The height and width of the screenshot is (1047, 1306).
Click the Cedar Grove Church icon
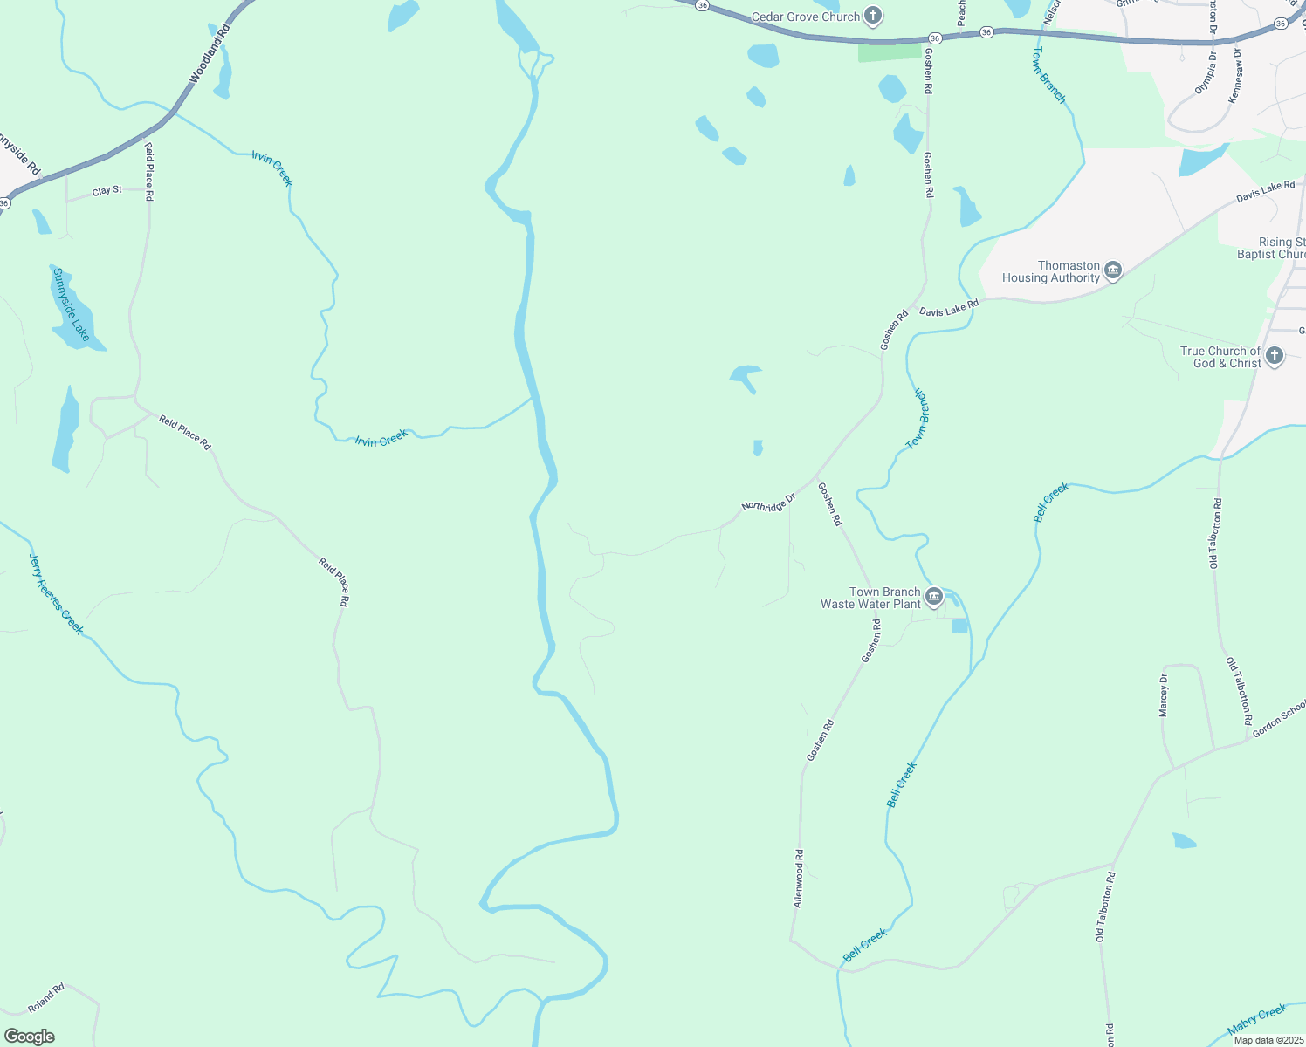[873, 16]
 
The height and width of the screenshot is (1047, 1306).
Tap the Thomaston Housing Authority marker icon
[1113, 271]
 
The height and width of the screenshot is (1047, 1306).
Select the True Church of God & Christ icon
[1275, 356]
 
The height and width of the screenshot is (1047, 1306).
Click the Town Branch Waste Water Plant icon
[934, 598]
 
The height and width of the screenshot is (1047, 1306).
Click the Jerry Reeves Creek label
[56, 593]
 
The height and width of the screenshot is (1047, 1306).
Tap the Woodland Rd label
[210, 53]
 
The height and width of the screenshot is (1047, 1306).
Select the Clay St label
[107, 190]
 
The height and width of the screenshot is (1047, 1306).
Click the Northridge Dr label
[768, 503]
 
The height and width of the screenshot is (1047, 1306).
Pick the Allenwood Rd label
[798, 879]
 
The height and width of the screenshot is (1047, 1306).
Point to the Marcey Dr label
[1163, 695]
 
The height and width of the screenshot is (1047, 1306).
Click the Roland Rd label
[46, 999]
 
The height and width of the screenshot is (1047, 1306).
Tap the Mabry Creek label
[1257, 1018]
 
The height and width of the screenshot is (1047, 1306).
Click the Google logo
[29, 1037]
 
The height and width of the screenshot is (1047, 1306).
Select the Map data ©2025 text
[1268, 1039]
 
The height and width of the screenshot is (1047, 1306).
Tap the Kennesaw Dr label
[1234, 77]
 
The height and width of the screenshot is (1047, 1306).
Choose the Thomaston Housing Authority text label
[1050, 271]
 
